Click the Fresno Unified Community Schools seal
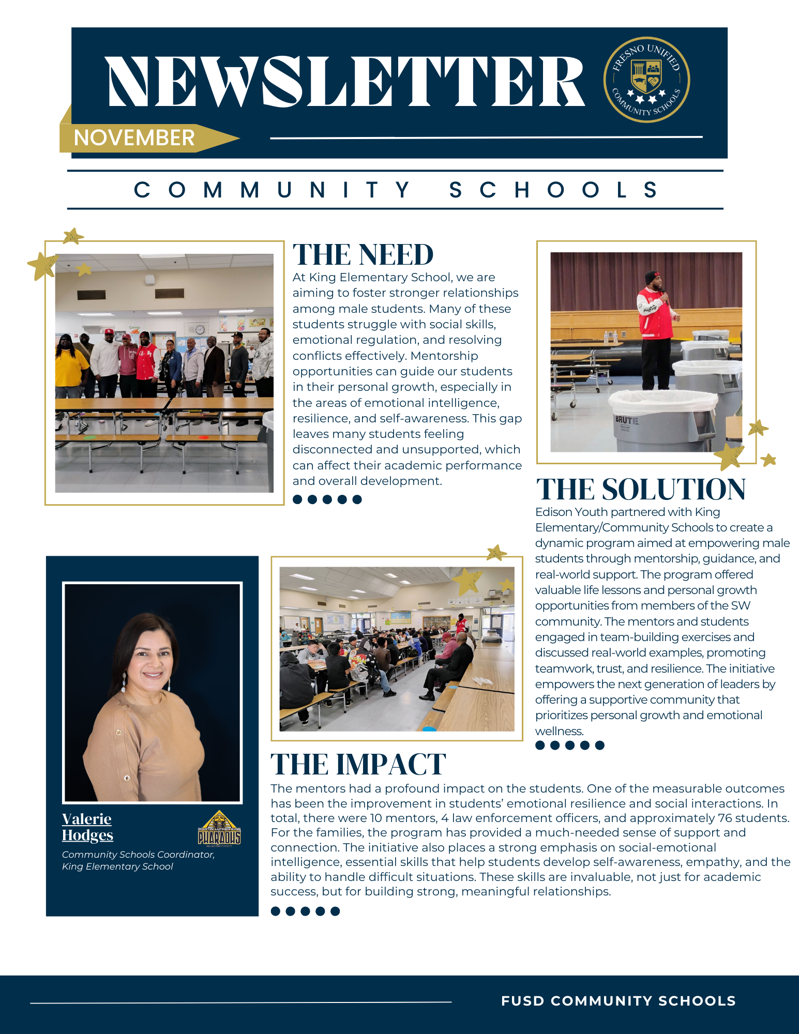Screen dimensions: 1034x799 [646, 80]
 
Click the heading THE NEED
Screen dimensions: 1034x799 [363, 255]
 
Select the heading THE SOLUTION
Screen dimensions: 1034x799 [641, 489]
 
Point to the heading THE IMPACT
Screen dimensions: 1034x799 [358, 765]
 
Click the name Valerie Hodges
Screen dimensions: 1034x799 [87, 827]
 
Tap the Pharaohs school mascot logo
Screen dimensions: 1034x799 [219, 829]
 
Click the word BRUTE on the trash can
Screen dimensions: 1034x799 [626, 420]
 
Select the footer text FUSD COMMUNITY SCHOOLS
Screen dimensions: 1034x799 [619, 1001]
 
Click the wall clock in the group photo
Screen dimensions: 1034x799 [200, 330]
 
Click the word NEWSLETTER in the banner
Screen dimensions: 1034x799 [345, 82]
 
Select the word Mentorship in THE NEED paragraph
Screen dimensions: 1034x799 [444, 356]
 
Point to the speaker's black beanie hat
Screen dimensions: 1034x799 [653, 277]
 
